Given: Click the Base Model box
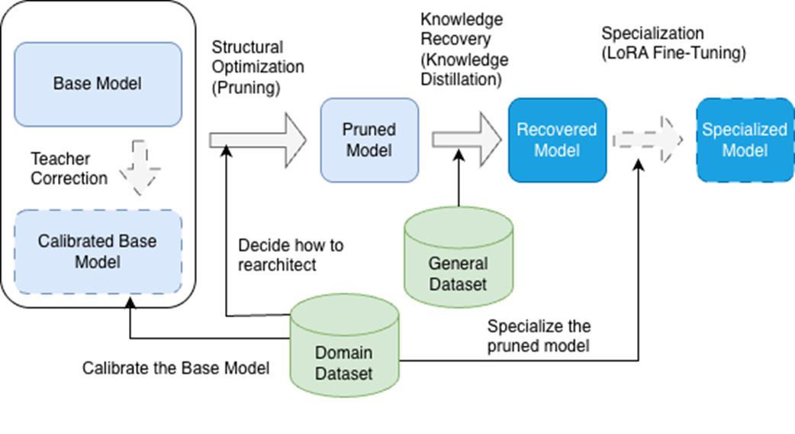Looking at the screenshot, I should [98, 84].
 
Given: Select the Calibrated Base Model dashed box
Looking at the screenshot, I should [98, 251].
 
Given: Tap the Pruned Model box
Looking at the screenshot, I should [369, 140].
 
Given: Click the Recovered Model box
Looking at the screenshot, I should [557, 140].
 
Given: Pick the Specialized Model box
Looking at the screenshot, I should [745, 140].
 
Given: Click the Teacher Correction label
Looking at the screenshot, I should [69, 169].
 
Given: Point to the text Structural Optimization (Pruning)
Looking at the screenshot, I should [258, 67].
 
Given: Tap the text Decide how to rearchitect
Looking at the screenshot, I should [291, 255].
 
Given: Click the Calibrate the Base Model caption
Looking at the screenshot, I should [175, 368].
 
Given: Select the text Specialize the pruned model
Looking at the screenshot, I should [539, 336].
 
